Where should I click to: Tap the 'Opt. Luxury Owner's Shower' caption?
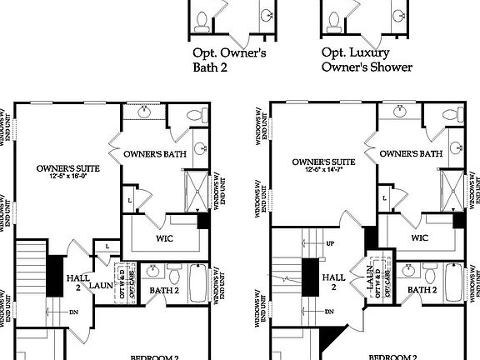[x=367, y=60]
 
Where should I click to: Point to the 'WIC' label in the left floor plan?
[x=164, y=237]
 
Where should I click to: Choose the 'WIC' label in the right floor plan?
[x=420, y=237]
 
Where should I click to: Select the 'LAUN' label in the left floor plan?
[x=101, y=285]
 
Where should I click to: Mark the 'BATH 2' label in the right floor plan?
[x=422, y=289]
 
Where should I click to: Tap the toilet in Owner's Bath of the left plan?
[x=197, y=115]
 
